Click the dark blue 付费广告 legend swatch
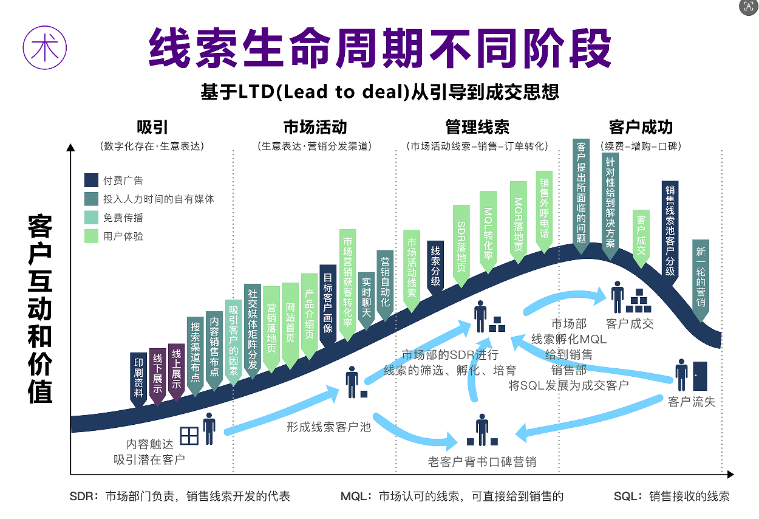[x=91, y=180]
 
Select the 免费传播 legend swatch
[x=91, y=218]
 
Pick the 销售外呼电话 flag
[x=544, y=209]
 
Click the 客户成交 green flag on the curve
[x=641, y=235]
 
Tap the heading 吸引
[x=152, y=127]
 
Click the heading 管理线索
[x=477, y=127]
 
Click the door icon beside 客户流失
[x=700, y=376]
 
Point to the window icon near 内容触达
[x=189, y=435]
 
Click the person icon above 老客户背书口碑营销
[x=482, y=428]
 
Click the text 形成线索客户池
[x=328, y=427]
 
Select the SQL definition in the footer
[x=672, y=497]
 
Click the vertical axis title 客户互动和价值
[x=40, y=310]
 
